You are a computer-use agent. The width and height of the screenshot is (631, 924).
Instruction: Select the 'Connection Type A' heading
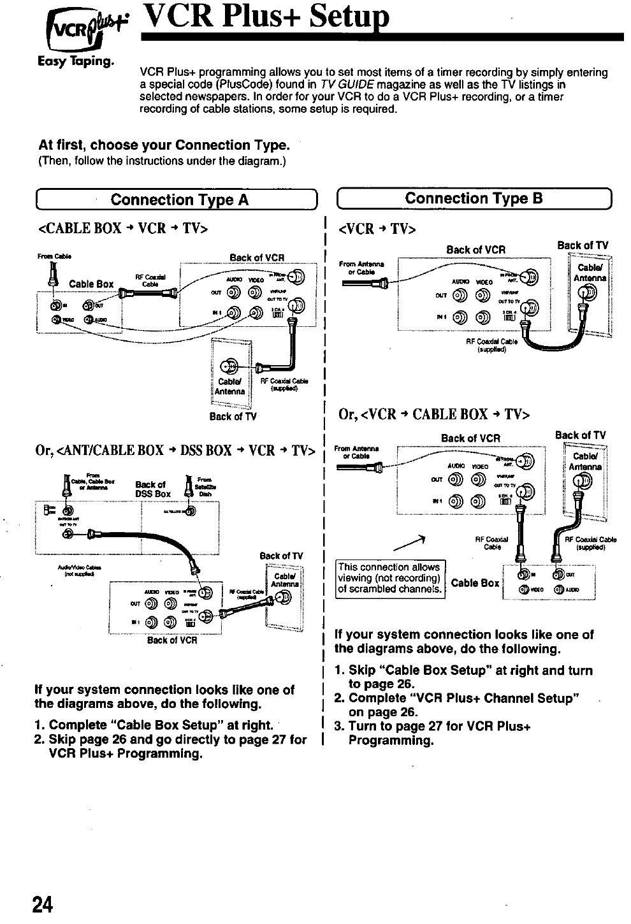tap(179, 200)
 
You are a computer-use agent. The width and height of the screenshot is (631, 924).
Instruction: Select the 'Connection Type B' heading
tap(474, 198)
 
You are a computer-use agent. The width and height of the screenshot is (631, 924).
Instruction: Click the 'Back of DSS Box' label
tap(153, 489)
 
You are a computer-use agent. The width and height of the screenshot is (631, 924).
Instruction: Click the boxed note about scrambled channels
tap(389, 578)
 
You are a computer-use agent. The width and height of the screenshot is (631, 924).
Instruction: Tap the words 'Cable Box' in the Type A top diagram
tap(91, 284)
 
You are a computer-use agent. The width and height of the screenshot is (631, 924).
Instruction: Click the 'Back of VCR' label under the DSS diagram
tap(172, 640)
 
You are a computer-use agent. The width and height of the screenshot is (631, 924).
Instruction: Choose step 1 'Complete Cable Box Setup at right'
tap(155, 725)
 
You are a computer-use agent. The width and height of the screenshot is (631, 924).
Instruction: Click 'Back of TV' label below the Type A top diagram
tap(233, 417)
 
